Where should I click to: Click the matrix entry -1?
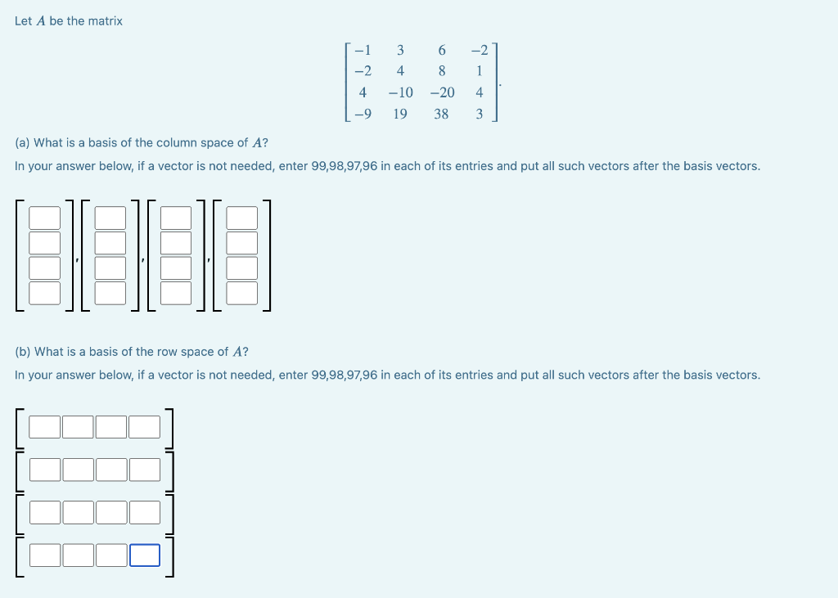click(x=362, y=51)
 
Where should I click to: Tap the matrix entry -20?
click(x=442, y=93)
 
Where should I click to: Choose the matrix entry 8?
click(x=442, y=72)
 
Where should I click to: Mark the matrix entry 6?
click(x=442, y=51)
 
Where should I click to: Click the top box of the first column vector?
click(x=45, y=218)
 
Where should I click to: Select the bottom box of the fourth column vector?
click(x=241, y=292)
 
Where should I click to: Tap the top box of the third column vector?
click(x=176, y=218)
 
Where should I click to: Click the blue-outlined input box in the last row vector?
click(x=145, y=555)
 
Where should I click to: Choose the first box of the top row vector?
click(x=45, y=427)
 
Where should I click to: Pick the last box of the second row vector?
click(x=145, y=470)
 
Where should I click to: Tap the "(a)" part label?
click(x=23, y=143)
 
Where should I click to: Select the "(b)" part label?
click(x=23, y=352)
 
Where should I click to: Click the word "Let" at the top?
click(x=24, y=21)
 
